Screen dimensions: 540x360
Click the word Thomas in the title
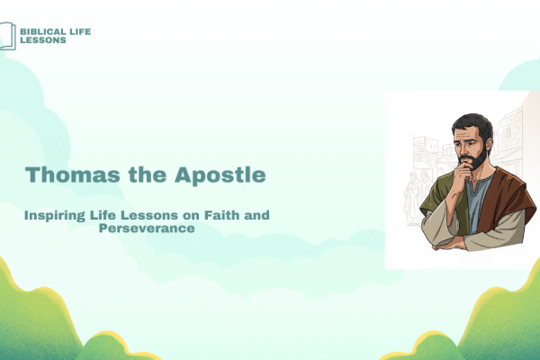[x=72, y=175]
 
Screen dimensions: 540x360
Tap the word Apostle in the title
[x=220, y=175]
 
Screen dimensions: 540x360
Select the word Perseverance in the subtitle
[x=147, y=228]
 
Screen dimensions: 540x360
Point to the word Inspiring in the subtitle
[x=54, y=216]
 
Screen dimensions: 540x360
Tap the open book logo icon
[x=7, y=36]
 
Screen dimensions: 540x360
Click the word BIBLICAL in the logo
[x=43, y=31]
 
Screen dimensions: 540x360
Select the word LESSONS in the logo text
[x=43, y=40]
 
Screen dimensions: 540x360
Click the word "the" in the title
[x=148, y=175]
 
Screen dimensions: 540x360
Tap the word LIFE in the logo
[x=80, y=31]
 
